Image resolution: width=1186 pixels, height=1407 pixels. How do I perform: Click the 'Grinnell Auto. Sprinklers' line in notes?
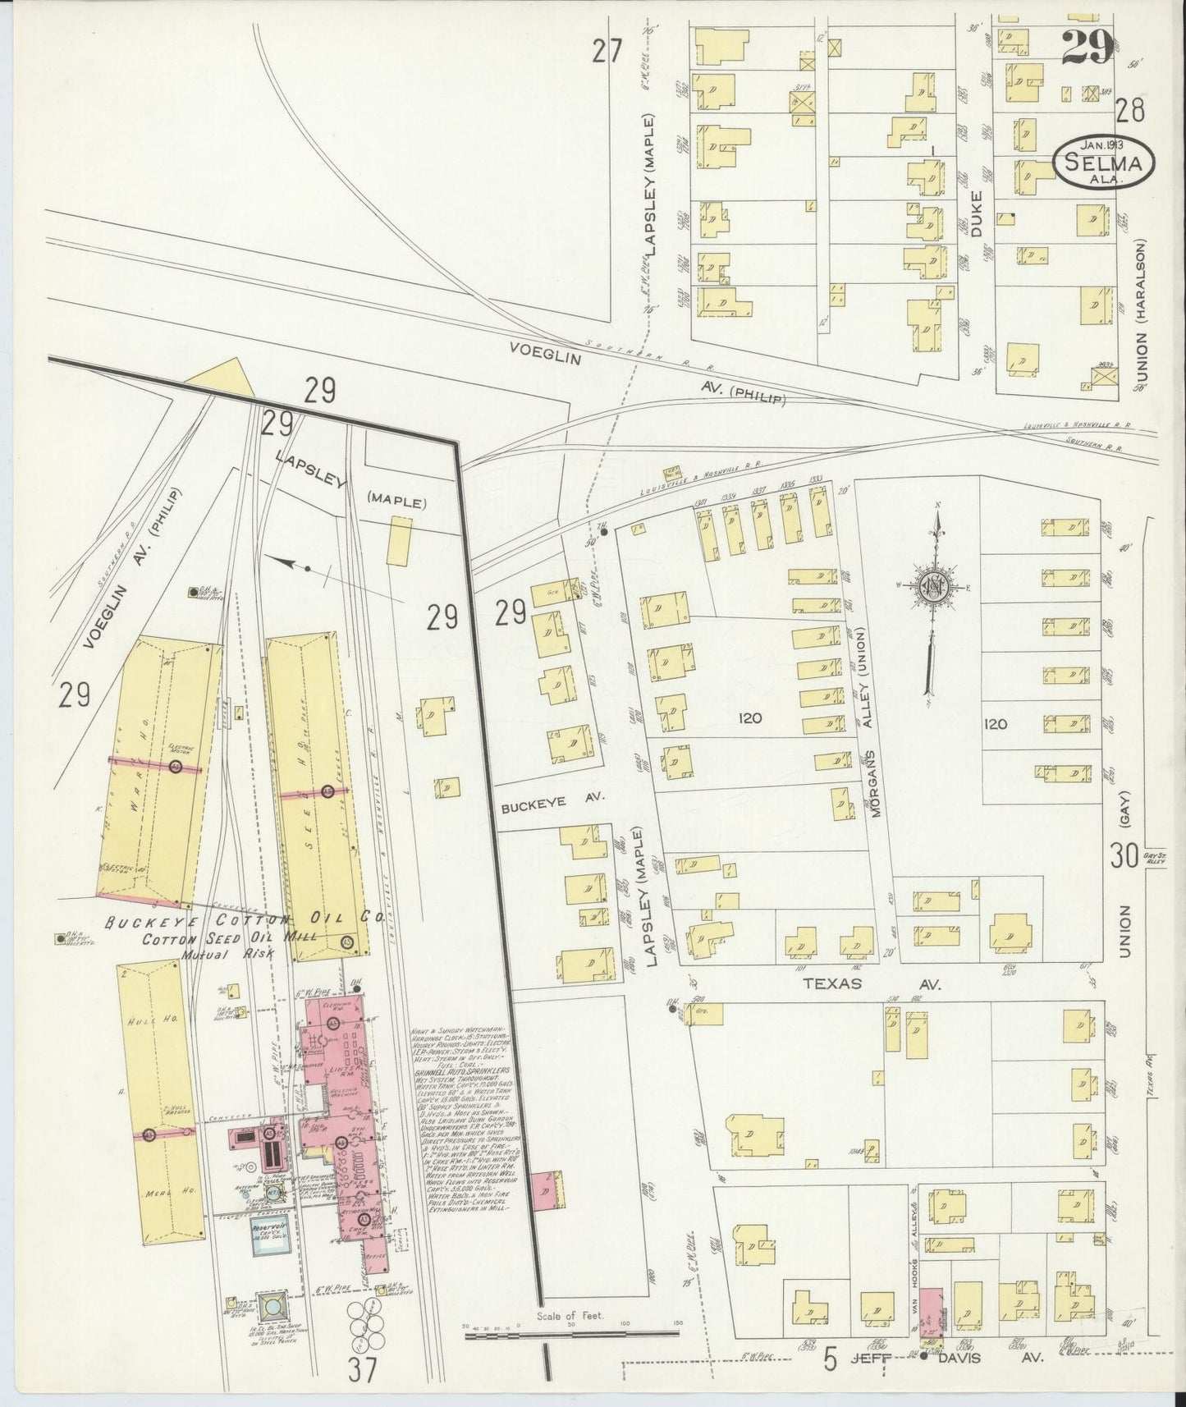(x=465, y=1072)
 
